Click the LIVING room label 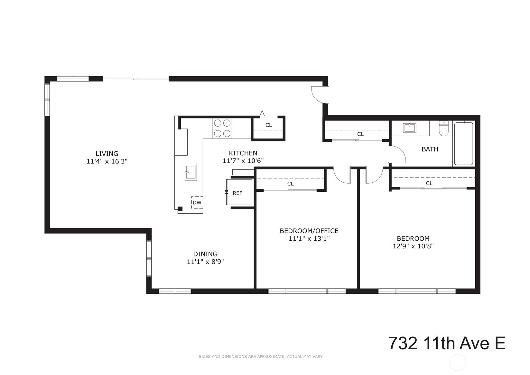[107, 153]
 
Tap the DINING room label [205, 254]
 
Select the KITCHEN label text [243, 153]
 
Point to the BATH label [430, 149]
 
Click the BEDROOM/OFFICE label [309, 231]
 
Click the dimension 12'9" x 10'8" [413, 246]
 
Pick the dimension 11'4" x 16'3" [107, 161]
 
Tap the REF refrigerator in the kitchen [239, 192]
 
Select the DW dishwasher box [197, 202]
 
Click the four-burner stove [222, 129]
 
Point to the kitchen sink [191, 172]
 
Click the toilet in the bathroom [444, 129]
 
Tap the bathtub [464, 144]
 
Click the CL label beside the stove [269, 125]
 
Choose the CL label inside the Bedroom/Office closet [290, 184]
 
